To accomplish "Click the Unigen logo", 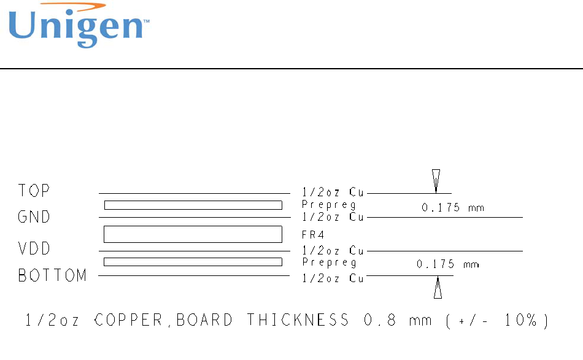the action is (78, 26).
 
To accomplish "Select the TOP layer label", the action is (34, 191).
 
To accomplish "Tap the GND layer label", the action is (34, 217).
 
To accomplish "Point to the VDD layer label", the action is (34, 249).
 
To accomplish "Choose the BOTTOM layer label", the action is (53, 276).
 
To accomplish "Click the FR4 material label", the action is (312, 234).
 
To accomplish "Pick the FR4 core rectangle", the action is (193, 234).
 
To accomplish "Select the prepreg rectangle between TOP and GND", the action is (193, 205).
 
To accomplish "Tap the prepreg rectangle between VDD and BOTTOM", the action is (193, 262).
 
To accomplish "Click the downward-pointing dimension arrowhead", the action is (436, 180).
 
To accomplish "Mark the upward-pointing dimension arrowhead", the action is (438, 288).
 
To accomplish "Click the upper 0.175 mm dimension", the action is (453, 208).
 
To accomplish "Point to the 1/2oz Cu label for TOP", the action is (333, 193).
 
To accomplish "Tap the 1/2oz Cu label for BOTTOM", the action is (333, 278).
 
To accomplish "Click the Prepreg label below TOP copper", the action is (329, 205).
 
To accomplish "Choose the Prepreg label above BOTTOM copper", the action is (329, 262).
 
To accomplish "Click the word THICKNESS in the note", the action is (298, 320).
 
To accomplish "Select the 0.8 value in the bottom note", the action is (375, 320).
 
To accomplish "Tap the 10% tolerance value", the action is (514, 320).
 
